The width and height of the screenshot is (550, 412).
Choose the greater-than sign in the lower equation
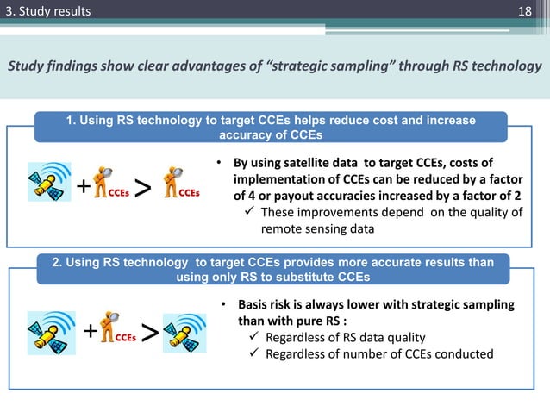pyautogui.click(x=149, y=332)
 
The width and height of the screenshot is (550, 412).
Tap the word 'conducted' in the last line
pyautogui.click(x=466, y=353)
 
